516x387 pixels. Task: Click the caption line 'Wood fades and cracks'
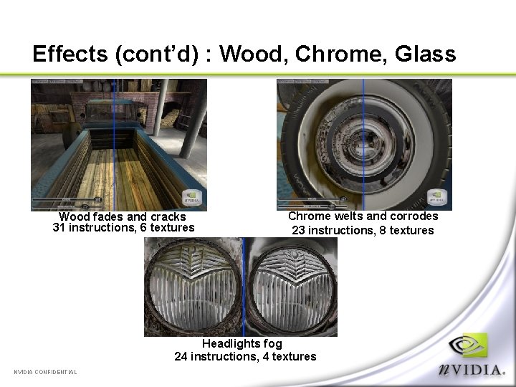[x=123, y=216]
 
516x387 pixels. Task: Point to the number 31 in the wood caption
[x=59, y=228]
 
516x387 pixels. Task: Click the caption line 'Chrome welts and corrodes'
[x=363, y=216]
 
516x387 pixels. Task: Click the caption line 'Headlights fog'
[x=242, y=344]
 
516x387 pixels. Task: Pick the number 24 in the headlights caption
[x=181, y=356]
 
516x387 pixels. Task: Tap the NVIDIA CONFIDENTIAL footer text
[x=46, y=371]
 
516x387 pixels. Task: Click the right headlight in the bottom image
[x=292, y=287]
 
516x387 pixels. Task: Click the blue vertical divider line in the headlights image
[x=243, y=287]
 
